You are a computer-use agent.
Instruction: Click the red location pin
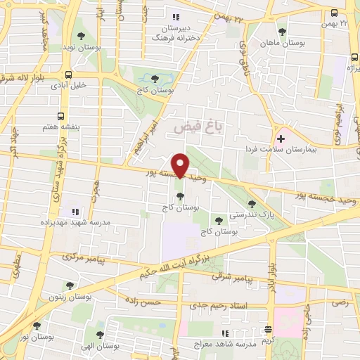[x=181, y=165]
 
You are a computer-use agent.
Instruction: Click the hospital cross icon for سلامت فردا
[x=281, y=139]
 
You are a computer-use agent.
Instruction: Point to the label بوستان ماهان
[x=283, y=44]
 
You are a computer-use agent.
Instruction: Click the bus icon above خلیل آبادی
[x=68, y=75]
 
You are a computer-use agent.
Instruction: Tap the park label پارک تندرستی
[x=252, y=214]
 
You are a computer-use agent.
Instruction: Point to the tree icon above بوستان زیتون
[x=69, y=285]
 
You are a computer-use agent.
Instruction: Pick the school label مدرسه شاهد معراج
[x=219, y=345]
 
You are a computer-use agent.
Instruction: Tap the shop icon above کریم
[x=268, y=329]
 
